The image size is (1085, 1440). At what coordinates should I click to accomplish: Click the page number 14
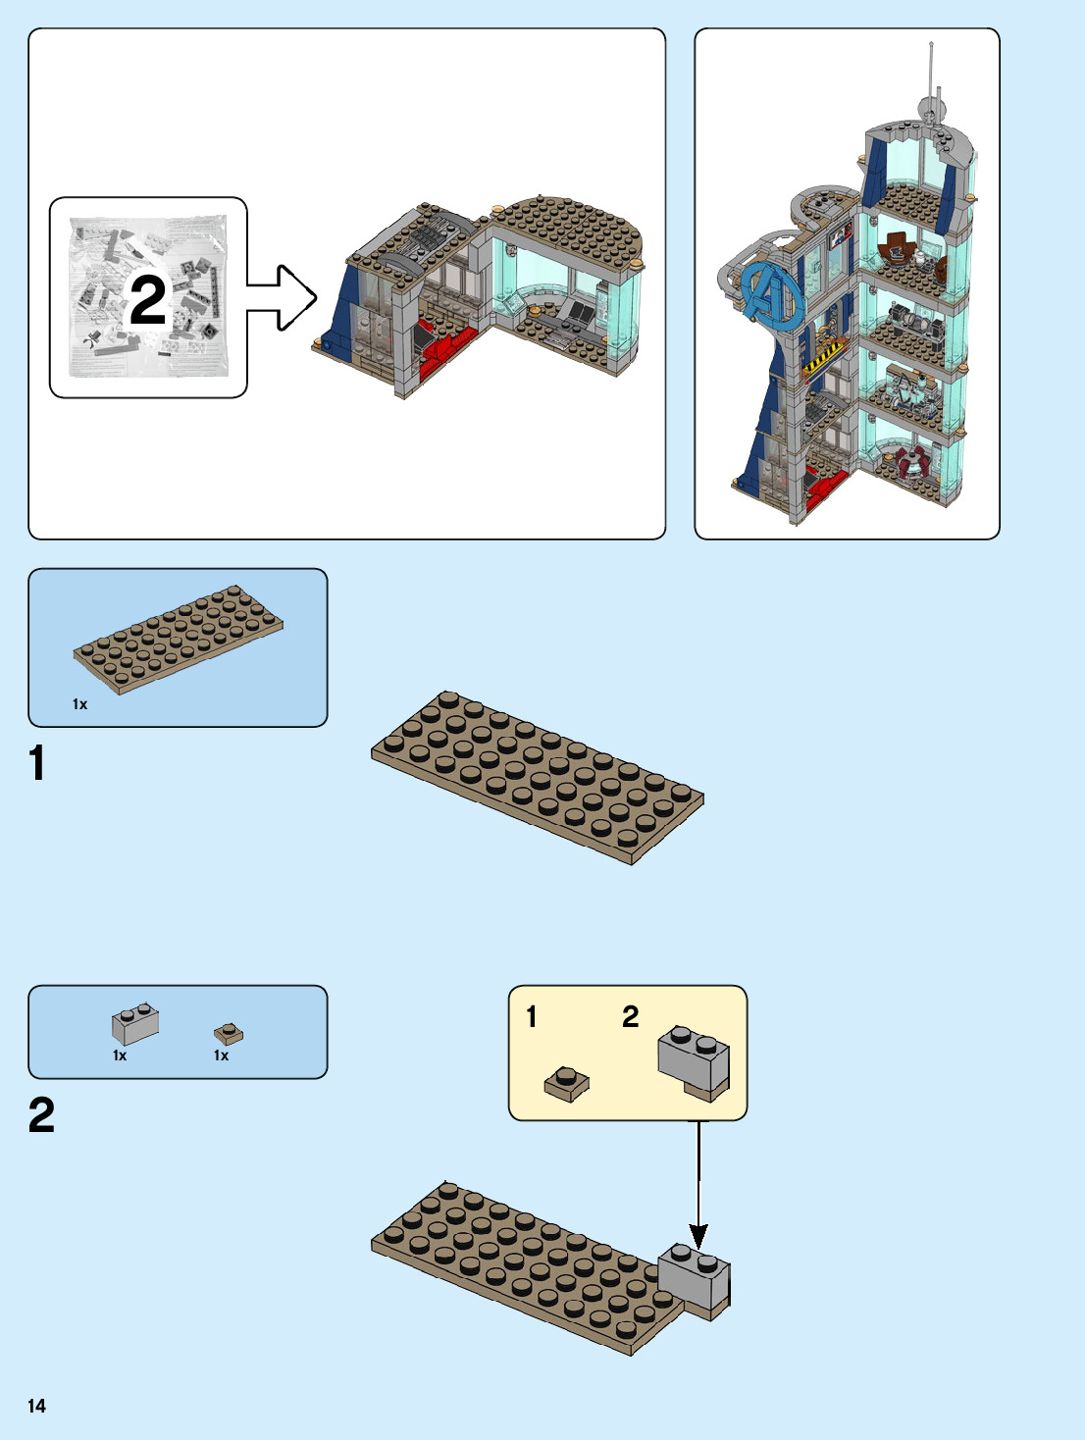pos(36,1406)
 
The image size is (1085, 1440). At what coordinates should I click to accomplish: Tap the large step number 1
pos(37,763)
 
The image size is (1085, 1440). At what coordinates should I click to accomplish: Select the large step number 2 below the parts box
pos(41,1115)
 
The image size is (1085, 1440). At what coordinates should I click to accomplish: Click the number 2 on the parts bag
pos(148,300)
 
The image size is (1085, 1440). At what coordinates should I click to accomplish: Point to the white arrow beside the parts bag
pos(284,297)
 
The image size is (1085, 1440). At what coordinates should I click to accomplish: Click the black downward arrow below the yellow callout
pos(698,1187)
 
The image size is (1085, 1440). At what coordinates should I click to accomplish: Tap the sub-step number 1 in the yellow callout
pos(532,1016)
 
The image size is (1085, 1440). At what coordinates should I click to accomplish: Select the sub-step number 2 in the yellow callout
pos(630,1016)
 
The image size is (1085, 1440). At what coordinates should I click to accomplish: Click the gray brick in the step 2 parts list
pos(135,1024)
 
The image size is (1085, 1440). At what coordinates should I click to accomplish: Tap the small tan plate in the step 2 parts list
pos(228,1033)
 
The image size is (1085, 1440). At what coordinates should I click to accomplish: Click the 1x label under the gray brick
pos(120,1055)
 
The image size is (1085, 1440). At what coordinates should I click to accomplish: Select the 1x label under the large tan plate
pos(79,704)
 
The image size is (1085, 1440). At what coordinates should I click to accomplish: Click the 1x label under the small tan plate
pos(221,1055)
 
